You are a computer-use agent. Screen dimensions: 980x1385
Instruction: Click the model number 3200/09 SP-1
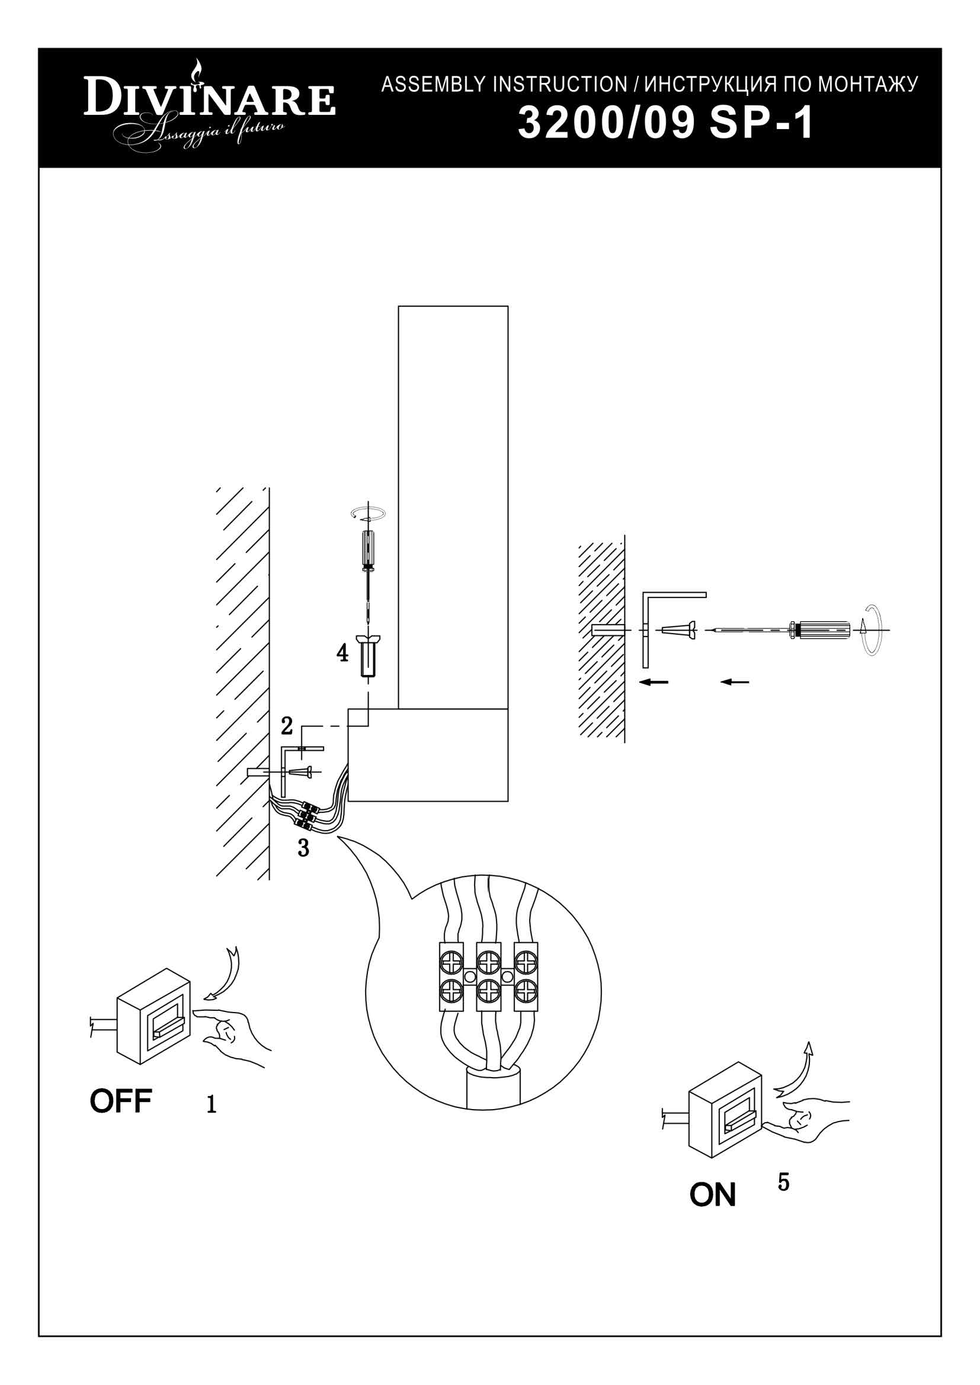click(666, 124)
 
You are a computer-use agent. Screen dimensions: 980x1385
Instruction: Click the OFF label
click(121, 1101)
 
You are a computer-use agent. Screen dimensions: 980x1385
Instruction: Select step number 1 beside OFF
click(211, 1104)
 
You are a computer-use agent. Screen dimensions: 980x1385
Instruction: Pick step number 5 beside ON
click(783, 1182)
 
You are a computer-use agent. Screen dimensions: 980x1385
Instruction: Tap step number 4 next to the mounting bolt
click(342, 653)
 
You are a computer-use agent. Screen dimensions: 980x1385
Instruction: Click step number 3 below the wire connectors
click(303, 848)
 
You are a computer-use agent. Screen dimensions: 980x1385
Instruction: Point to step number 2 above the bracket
click(287, 726)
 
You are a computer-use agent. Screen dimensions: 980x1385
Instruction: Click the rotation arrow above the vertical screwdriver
click(368, 514)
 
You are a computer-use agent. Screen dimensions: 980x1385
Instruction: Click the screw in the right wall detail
click(679, 631)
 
